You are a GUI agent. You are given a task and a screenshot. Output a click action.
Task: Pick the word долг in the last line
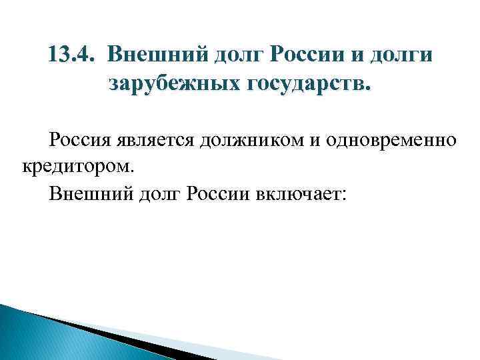point(157,194)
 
